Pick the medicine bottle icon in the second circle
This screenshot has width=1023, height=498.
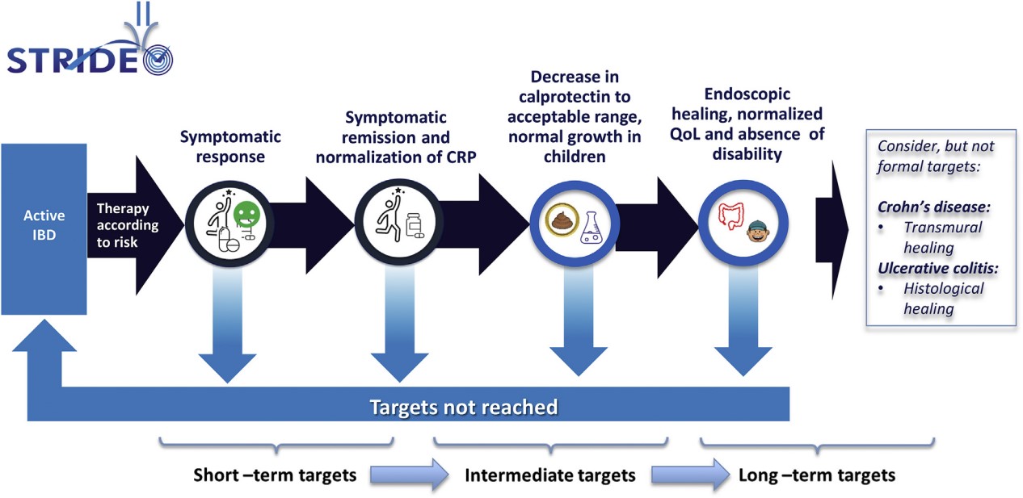click(x=414, y=228)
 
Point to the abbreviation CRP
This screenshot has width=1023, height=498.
click(x=453, y=156)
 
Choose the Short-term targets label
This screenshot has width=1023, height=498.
click(x=275, y=475)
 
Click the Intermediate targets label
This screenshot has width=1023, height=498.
click(x=549, y=475)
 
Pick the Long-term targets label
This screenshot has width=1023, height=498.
click(x=817, y=475)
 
